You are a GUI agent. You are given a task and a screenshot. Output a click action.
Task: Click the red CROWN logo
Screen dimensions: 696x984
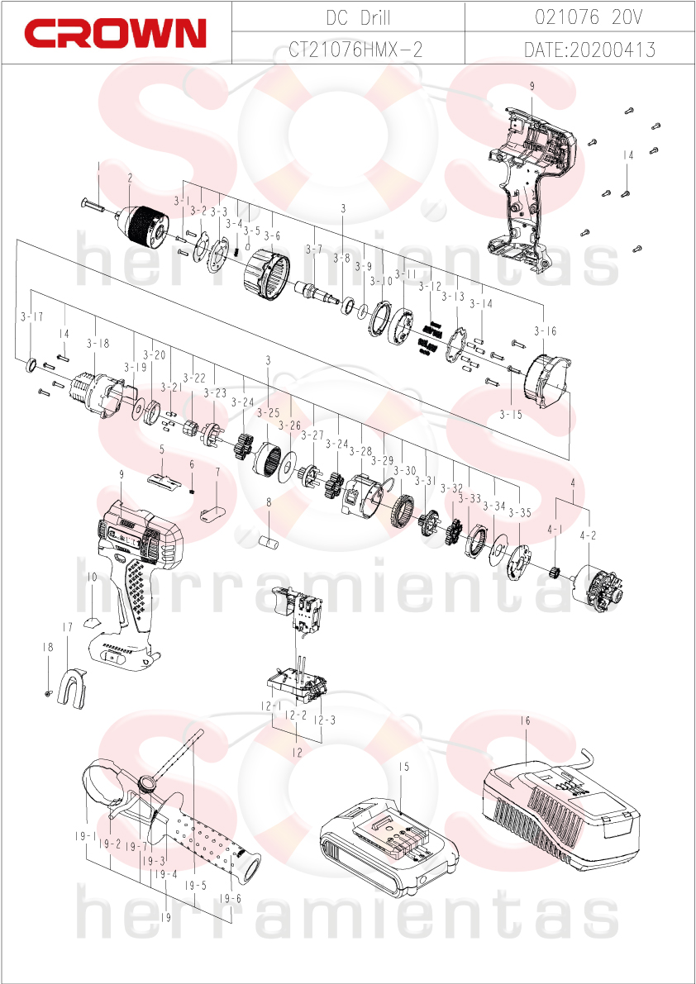click(116, 32)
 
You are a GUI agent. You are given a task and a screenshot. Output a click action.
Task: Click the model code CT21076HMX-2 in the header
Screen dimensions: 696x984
click(355, 50)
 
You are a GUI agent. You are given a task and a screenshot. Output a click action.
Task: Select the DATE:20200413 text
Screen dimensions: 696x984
click(589, 50)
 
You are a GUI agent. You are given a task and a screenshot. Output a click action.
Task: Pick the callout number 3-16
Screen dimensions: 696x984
click(546, 330)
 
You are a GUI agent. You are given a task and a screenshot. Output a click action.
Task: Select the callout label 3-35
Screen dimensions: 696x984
click(520, 513)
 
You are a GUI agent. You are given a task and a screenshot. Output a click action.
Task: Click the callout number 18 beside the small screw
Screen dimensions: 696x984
click(48, 647)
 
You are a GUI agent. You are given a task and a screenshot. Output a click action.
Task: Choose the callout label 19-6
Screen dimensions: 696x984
click(231, 898)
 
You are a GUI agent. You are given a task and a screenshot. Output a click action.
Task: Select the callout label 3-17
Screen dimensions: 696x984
click(31, 317)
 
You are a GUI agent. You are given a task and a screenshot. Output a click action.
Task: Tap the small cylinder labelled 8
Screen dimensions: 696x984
click(268, 541)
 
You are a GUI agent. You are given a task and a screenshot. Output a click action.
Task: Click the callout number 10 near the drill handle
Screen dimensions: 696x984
click(92, 577)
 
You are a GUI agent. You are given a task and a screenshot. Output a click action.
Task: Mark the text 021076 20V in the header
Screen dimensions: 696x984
click(589, 18)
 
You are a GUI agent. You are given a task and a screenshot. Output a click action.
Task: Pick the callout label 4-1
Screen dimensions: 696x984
click(555, 530)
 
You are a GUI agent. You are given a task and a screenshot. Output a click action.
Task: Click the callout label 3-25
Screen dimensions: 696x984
click(268, 413)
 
